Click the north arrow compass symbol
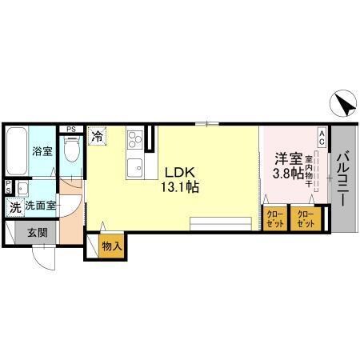pyautogui.click(x=343, y=103)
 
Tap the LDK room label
pyautogui.click(x=180, y=173)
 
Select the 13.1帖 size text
pyautogui.click(x=180, y=187)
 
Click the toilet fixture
pyautogui.click(x=71, y=150)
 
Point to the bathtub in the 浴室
pyautogui.click(x=17, y=151)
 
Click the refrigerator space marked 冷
pyautogui.click(x=98, y=136)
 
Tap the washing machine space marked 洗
pyautogui.click(x=15, y=207)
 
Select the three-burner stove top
pyautogui.click(x=135, y=139)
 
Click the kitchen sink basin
pyautogui.click(x=135, y=168)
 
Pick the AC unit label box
pyautogui.click(x=322, y=137)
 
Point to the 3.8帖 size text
pyautogui.click(x=289, y=174)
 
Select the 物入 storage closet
pyautogui.click(x=112, y=246)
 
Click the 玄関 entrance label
pyautogui.click(x=38, y=233)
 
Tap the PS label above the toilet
pyautogui.click(x=71, y=130)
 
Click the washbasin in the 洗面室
pyautogui.click(x=22, y=188)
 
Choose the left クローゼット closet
pyautogui.click(x=274, y=218)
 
